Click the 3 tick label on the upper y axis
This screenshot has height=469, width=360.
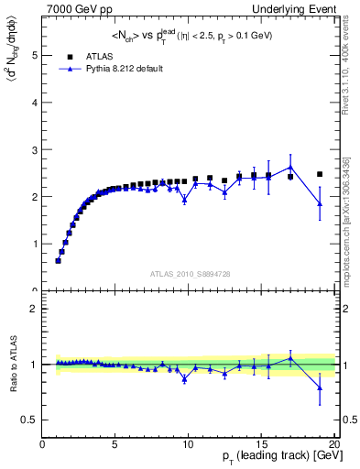click(35, 149)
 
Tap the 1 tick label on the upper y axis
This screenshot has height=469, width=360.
click(35, 244)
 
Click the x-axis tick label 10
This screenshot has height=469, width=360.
click(188, 445)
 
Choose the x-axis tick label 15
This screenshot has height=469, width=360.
click(261, 445)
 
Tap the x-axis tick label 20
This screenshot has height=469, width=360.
click(333, 445)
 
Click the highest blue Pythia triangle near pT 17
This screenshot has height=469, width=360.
click(290, 167)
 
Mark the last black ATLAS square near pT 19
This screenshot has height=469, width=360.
click(320, 174)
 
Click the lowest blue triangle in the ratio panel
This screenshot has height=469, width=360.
click(320, 387)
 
